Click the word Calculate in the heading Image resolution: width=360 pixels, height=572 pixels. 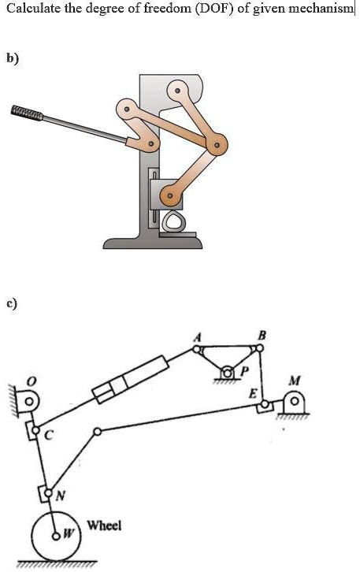tap(32, 8)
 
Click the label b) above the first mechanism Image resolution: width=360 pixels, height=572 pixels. tap(12, 58)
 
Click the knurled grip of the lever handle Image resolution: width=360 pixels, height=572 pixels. tap(27, 113)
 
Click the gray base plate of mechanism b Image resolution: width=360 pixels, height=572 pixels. tap(153, 243)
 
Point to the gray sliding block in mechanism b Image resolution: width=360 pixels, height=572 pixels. tap(166, 194)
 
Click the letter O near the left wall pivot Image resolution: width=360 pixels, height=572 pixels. tap(32, 381)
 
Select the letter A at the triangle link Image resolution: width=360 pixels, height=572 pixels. tap(197, 338)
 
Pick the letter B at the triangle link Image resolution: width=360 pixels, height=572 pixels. tap(261, 335)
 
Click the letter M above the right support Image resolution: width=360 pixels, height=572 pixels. tap(294, 381)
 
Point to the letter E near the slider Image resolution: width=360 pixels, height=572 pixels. tap(254, 394)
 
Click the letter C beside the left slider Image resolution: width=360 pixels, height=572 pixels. tap(50, 434)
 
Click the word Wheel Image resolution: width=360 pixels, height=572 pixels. tap(104, 526)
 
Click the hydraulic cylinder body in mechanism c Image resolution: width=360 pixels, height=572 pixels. tap(130, 380)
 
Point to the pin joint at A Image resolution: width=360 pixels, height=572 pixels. tap(197, 349)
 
